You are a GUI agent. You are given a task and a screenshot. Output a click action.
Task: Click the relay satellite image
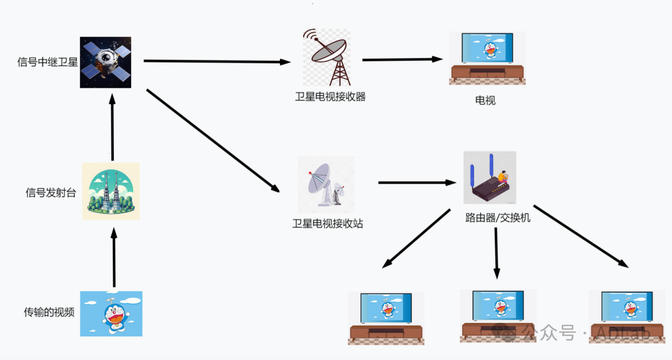[105, 62]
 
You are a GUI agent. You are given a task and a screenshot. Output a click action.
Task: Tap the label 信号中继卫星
[48, 62]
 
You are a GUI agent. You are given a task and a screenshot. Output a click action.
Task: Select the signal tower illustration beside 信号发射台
[111, 191]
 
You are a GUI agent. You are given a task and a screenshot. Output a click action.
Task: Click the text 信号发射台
[51, 193]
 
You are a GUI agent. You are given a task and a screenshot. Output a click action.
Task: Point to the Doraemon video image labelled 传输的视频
[111, 313]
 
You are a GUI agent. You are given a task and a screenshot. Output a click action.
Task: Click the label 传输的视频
[49, 312]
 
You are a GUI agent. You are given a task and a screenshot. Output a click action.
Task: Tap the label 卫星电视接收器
[330, 97]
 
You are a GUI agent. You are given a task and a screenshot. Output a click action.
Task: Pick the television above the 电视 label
[487, 57]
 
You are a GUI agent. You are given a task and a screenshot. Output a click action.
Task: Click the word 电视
[485, 100]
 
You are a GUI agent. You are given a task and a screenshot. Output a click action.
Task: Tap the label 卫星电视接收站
[328, 224]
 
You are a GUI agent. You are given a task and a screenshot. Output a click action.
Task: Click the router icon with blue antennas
[490, 178]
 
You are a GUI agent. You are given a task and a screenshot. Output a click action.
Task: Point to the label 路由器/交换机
[497, 218]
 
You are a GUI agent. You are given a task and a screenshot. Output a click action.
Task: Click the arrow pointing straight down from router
[496, 253]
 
